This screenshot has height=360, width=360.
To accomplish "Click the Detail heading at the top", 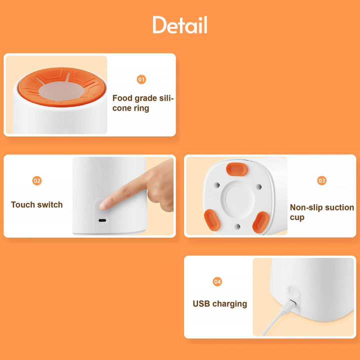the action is tap(180, 25).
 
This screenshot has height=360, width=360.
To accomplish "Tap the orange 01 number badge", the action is tap(141, 79).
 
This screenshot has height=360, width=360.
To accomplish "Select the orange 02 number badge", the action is tap(37, 180).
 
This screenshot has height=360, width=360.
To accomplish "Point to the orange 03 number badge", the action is tap(321, 180).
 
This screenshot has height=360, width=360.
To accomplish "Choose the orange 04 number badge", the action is tap(217, 281).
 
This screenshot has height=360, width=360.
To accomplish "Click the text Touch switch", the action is tap(36, 204).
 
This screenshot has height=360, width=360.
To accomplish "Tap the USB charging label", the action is tap(219, 304).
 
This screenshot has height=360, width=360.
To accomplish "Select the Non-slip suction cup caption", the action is tap(322, 212).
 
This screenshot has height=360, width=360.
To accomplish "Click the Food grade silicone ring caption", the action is tap(143, 103).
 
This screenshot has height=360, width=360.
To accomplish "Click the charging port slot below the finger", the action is tap(102, 220).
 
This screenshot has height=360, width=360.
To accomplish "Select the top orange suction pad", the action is tap(236, 169).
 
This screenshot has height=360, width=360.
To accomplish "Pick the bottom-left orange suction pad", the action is tap(212, 220).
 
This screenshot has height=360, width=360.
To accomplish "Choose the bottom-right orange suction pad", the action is tap(260, 222).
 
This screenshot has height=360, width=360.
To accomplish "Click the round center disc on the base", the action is tap(238, 199).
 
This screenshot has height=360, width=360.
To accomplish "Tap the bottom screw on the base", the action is tap(238, 226).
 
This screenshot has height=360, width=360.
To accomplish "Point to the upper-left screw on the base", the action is tap(217, 184).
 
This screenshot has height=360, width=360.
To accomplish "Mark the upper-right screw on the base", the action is tap(259, 186).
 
